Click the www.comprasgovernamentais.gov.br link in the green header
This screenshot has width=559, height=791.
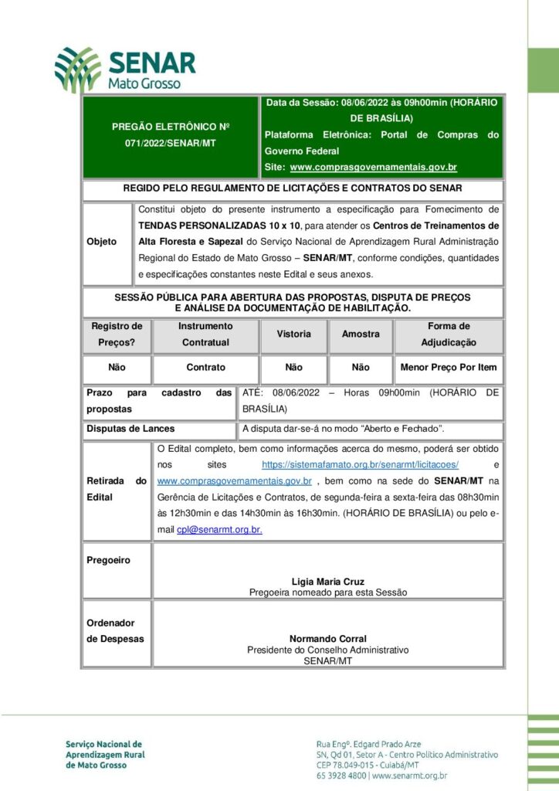374,167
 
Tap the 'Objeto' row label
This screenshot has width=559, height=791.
102,242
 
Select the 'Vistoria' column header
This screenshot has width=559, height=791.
293,334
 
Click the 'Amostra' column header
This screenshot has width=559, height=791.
361,334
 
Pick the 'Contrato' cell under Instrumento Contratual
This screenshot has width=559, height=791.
205,368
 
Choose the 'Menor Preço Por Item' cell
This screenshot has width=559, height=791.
448,368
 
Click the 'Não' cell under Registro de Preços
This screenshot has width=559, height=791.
117,368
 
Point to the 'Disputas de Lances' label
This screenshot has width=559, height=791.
130,429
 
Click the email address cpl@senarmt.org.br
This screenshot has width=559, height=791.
219,530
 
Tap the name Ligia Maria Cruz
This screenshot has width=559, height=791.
328,581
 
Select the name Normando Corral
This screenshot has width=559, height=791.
328,639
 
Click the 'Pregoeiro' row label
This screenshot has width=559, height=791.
108,560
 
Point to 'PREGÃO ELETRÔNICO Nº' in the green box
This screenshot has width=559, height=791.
171,127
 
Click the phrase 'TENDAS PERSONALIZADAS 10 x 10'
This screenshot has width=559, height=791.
219,226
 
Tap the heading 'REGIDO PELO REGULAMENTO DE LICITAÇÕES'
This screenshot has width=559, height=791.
293,188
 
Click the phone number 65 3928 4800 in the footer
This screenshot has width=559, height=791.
340,776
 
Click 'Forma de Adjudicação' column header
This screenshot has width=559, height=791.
448,334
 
